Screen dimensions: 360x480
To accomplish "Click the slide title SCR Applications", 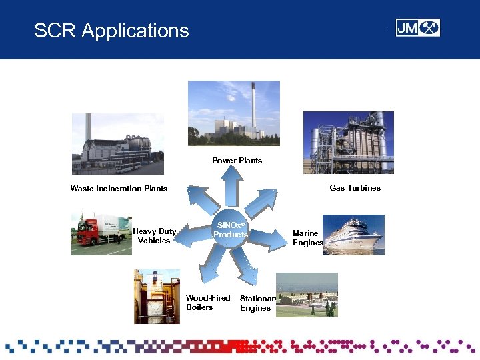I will [111, 31].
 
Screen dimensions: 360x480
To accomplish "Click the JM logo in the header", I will [417, 28].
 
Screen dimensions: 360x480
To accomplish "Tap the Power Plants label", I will [237, 161].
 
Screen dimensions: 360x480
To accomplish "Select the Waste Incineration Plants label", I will [119, 189].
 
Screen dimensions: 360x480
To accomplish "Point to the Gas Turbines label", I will [355, 188].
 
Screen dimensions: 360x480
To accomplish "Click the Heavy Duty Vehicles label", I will [154, 236].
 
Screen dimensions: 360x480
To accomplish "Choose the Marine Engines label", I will [307, 238].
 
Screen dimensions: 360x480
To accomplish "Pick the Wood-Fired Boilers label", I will [207, 303].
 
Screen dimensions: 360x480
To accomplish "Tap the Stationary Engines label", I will [257, 303].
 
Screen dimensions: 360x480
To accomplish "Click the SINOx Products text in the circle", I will [231, 230].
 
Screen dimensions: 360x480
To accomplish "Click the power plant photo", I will [233, 113].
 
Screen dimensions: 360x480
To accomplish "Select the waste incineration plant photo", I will [117, 143].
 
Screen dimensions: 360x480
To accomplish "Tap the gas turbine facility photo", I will [348, 142].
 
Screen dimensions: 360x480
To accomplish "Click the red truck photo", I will [101, 234].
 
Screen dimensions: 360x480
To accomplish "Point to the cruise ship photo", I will [353, 235].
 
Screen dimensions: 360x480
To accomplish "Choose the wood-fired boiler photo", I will [157, 297].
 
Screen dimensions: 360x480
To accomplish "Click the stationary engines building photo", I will [307, 295].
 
